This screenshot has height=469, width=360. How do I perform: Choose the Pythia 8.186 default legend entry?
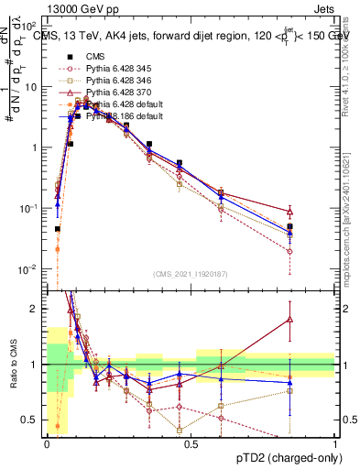click(118, 116)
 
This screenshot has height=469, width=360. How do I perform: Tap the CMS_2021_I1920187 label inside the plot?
click(191, 273)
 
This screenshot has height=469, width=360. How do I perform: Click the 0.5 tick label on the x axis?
click(190, 443)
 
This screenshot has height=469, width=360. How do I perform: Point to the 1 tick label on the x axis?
click(334, 443)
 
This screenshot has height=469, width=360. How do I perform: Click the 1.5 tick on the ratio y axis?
click(31, 336)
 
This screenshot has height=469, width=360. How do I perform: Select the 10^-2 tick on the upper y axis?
click(30, 268)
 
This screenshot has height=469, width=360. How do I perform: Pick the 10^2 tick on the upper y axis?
click(30, 27)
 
